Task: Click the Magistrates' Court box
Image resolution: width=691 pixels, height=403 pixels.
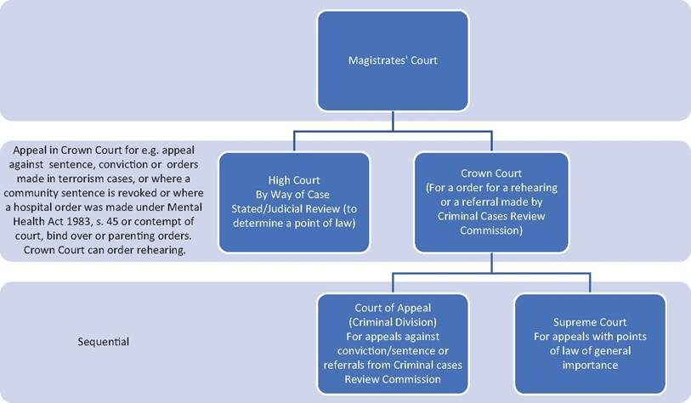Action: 393,61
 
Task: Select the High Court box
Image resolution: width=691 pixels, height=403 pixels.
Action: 294,202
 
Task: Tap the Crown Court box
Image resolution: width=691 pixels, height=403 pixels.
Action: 491,202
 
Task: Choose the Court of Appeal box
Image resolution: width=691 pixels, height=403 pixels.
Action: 393,343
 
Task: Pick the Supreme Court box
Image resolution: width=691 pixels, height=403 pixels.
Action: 590,343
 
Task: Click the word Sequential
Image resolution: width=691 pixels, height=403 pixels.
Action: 104,342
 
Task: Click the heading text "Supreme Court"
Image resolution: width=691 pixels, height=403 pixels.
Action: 590,322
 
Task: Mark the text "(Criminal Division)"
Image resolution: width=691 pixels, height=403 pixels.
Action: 393,322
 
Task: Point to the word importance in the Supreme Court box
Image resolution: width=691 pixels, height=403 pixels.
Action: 590,365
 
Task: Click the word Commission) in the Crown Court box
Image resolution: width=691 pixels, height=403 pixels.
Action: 491,230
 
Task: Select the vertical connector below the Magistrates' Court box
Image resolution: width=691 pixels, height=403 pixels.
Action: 393,122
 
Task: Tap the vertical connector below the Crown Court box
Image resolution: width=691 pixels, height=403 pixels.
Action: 491,263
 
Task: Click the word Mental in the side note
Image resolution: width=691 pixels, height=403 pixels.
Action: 186,207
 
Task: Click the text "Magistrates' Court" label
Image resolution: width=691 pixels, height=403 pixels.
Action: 393,60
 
